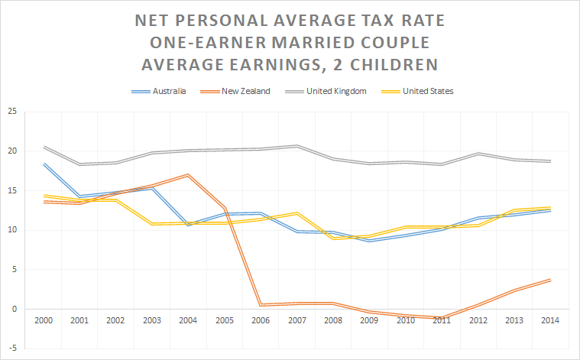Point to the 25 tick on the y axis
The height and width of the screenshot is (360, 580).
[x=11, y=112]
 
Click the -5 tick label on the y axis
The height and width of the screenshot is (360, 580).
[x=11, y=349]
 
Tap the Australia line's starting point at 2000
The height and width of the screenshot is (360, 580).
[x=44, y=164]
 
